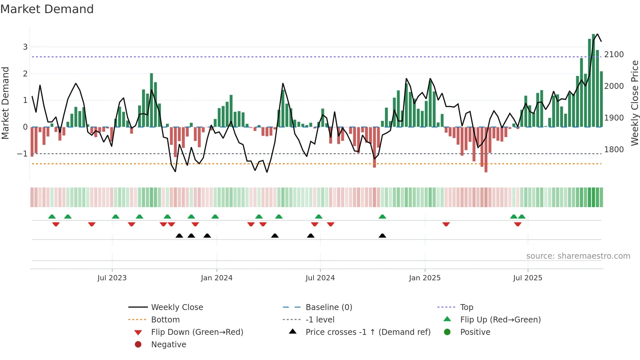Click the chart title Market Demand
(47, 9)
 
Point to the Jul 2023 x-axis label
(112, 278)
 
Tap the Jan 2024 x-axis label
(216, 278)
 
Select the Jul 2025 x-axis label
(527, 278)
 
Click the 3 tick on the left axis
(25, 47)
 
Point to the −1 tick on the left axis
(23, 154)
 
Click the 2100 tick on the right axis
(614, 55)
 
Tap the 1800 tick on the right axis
(614, 150)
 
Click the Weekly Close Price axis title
(634, 103)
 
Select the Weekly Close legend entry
(177, 307)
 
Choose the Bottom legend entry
(165, 320)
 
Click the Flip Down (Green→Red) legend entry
(197, 332)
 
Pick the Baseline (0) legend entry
(328, 307)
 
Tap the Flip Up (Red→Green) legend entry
(500, 320)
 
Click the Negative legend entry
(168, 345)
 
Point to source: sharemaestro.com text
(578, 256)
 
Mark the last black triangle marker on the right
(382, 236)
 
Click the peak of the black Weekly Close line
(597, 34)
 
